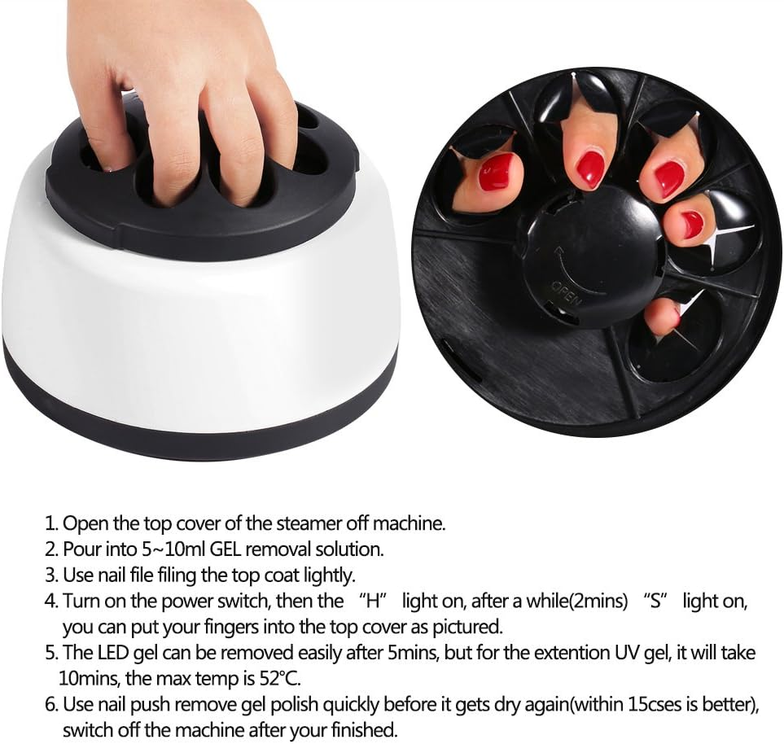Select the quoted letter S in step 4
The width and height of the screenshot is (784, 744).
click(x=652, y=602)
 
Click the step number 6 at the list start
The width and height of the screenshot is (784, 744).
click(x=49, y=705)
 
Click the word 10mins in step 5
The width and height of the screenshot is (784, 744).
click(x=88, y=677)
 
